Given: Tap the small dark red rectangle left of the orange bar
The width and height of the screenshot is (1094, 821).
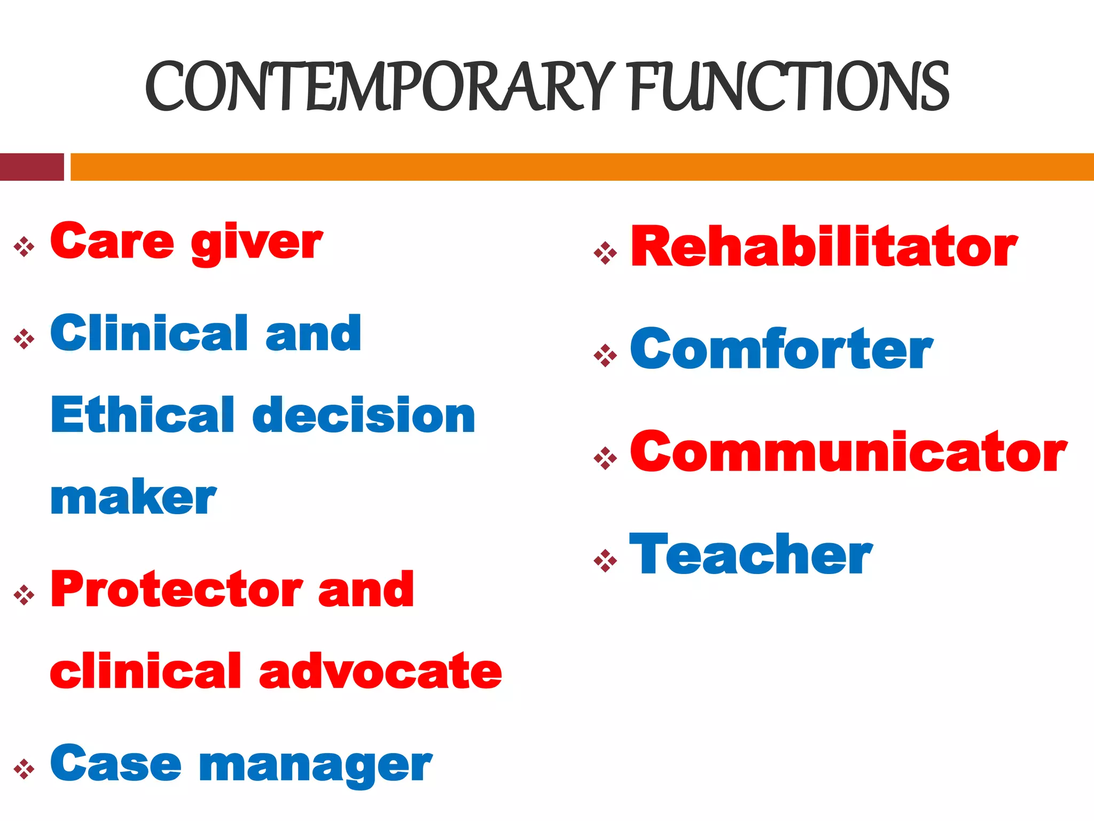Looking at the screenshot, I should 32,167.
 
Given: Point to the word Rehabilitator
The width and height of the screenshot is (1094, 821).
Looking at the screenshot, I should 824,246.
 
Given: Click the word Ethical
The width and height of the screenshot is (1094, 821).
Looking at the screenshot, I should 143,415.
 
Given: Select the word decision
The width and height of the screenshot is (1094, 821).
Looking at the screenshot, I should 364,415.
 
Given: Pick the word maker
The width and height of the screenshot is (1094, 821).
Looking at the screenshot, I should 134,498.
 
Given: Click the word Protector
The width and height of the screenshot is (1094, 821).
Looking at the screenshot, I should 177,590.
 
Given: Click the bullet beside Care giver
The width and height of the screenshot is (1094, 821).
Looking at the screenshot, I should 24,247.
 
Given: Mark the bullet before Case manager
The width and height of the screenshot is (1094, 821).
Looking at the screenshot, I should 24,769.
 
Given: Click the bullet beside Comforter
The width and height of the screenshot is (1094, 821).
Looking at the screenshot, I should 605,355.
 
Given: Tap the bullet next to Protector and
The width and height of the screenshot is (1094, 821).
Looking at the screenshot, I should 24,594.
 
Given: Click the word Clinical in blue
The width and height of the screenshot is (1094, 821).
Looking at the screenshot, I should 150,334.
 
